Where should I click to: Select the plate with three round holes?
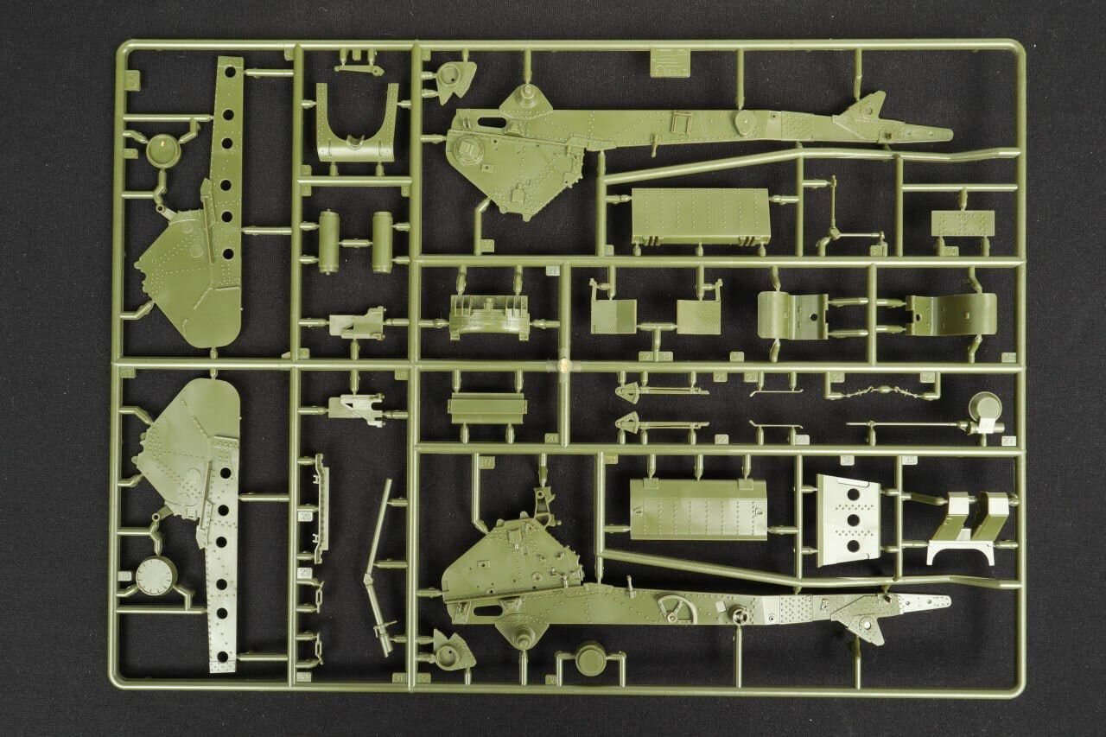[x=847, y=520]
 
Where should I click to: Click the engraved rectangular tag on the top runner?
[x=671, y=61]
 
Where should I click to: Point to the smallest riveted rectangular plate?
[x=963, y=223]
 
